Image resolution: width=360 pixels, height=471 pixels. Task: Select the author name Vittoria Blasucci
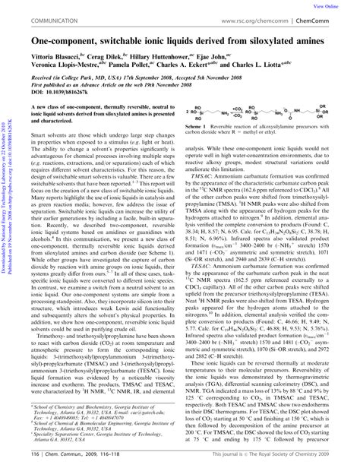[52, 56]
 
